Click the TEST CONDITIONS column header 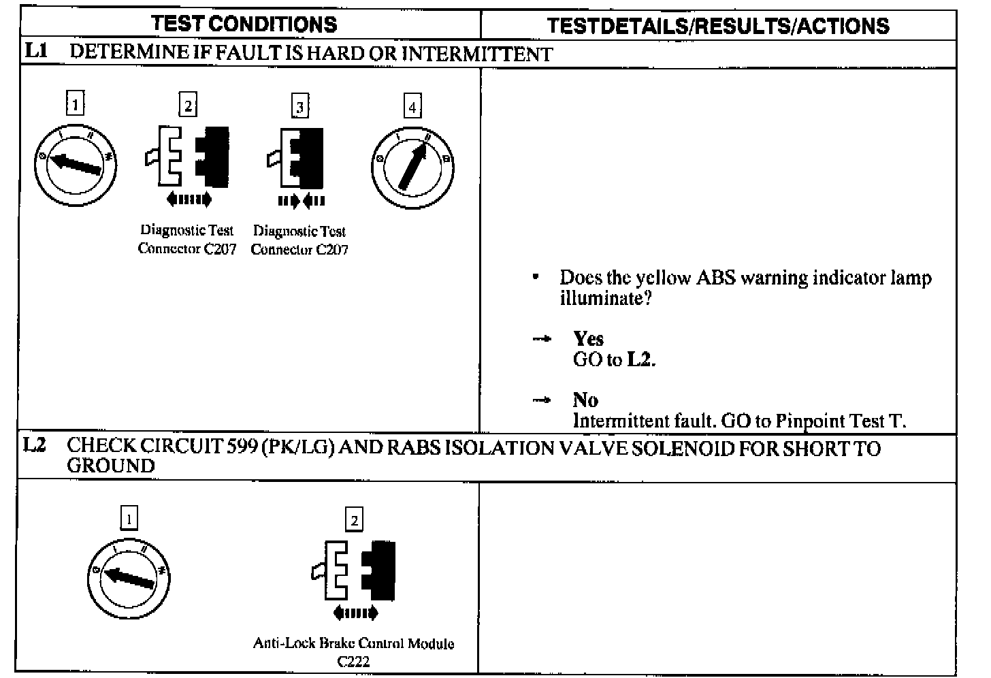point(244,25)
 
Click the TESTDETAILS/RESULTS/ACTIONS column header point(718,26)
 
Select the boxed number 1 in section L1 point(76,104)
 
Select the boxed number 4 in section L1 point(412,106)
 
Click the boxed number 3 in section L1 point(299,106)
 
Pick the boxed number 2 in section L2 point(354,521)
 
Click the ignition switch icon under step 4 point(412,167)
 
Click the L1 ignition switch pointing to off point(76,164)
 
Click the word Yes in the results point(588,338)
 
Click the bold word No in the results point(585,400)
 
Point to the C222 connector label point(353,661)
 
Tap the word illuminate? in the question point(606,298)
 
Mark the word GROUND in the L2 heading point(111,466)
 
